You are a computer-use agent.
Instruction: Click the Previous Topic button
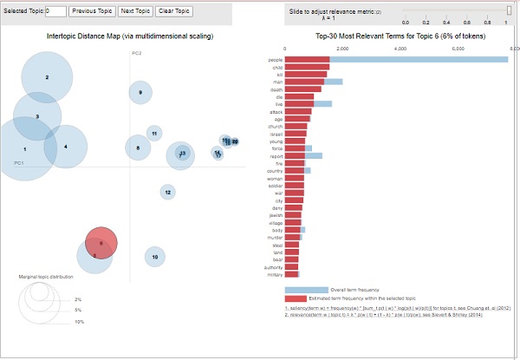(91, 11)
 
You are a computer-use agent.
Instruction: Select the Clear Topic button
(173, 11)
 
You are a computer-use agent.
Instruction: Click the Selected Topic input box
(55, 11)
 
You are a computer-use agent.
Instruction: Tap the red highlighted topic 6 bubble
(101, 244)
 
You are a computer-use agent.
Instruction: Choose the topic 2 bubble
(47, 77)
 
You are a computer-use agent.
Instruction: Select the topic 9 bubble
(140, 92)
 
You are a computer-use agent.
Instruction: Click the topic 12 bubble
(167, 192)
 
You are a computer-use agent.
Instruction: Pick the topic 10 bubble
(154, 256)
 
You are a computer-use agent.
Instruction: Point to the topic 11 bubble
(154, 133)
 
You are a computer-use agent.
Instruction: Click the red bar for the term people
(307, 59)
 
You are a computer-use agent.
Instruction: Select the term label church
(275, 126)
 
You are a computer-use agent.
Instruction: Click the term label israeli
(275, 134)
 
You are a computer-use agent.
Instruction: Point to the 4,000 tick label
(400, 49)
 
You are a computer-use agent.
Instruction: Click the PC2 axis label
(136, 54)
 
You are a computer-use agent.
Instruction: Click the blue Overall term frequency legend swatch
(306, 290)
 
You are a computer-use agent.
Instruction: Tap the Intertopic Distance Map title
(129, 36)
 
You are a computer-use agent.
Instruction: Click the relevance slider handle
(510, 10)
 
